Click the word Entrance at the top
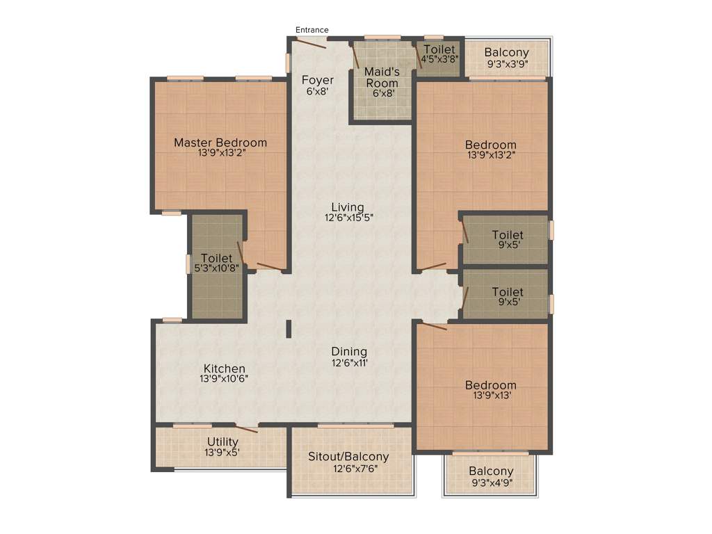coord(311,30)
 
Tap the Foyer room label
coord(317,80)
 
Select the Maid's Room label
coord(382,77)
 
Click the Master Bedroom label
coord(220,143)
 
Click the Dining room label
coord(349,352)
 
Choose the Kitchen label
coord(224,369)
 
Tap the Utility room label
coord(222,442)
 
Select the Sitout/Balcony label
coord(348,457)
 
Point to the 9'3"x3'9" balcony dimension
coord(506,63)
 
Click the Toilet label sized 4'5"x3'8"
coord(439,49)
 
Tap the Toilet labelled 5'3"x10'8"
coord(216,259)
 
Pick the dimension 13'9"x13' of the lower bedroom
coord(491,396)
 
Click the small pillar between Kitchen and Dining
coord(288,329)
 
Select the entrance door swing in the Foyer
coord(309,43)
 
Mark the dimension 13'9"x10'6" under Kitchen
coord(224,379)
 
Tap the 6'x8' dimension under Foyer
coord(317,90)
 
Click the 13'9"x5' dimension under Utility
coord(222,453)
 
